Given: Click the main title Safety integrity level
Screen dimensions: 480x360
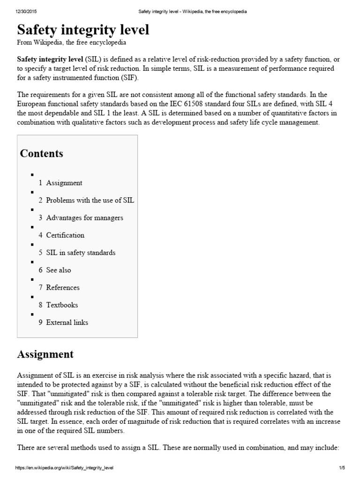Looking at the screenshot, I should tap(83, 30).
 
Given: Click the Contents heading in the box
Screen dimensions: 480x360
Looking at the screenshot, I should tap(41, 154).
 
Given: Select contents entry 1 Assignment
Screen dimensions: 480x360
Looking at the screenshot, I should tap(60, 183).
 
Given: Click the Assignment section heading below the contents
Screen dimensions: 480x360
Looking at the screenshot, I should tap(45, 354).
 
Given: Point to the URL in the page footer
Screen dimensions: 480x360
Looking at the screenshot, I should tap(65, 468).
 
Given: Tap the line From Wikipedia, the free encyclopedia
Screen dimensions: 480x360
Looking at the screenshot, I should tap(71, 42).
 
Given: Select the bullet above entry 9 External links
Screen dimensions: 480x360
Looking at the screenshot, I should tap(32, 314).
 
